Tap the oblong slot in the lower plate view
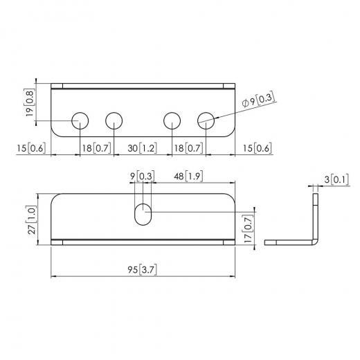point(143,213)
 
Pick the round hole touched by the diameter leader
point(206,120)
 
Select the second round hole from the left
point(114,120)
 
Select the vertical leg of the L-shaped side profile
point(316,215)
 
